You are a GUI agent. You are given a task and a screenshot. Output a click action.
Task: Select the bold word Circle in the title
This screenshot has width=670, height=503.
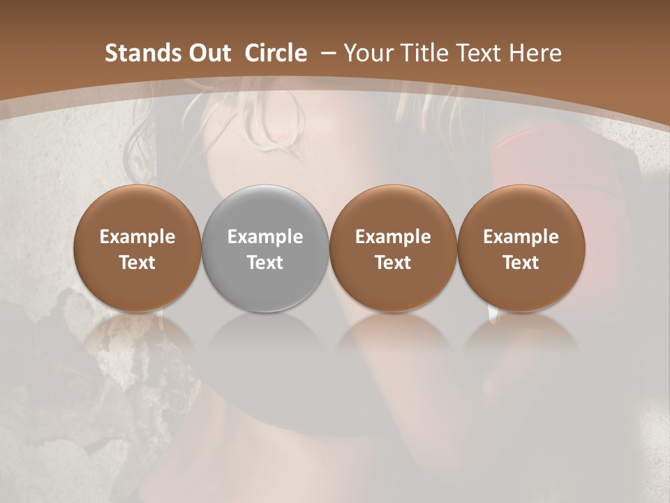coord(276,53)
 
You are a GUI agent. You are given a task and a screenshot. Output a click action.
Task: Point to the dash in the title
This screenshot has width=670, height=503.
coord(326,54)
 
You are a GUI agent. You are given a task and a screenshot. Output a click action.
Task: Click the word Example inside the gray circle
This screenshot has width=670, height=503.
coord(265,237)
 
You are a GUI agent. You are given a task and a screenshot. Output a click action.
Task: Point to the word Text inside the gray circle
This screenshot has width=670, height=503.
coord(265,263)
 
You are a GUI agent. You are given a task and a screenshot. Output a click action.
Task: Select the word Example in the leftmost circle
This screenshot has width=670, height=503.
coord(137,237)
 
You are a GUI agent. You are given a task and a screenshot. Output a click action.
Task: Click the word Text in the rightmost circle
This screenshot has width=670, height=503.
coord(521,263)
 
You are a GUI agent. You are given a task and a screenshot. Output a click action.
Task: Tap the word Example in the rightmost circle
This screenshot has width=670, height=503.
coord(521,237)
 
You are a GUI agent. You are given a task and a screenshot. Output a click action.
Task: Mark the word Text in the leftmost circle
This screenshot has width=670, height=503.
coord(137,263)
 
